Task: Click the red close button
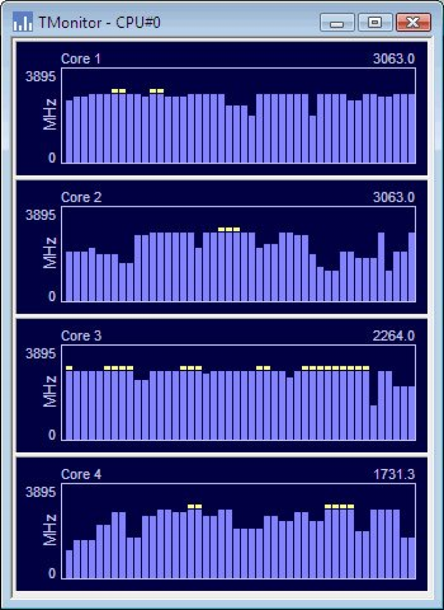click(x=413, y=23)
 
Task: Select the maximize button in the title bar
click(x=374, y=23)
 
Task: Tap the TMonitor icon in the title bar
click(x=23, y=23)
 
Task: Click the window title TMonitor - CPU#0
click(x=99, y=23)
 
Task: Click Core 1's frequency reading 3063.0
click(x=394, y=59)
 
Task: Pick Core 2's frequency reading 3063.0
click(x=394, y=197)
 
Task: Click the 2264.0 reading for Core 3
click(x=394, y=336)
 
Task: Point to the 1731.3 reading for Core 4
click(x=394, y=475)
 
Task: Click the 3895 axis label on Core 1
click(x=40, y=76)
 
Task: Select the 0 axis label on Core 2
click(x=52, y=297)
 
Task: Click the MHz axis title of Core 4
click(x=51, y=530)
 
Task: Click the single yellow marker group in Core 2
click(x=229, y=229)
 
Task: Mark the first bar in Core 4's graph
click(x=69, y=564)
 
